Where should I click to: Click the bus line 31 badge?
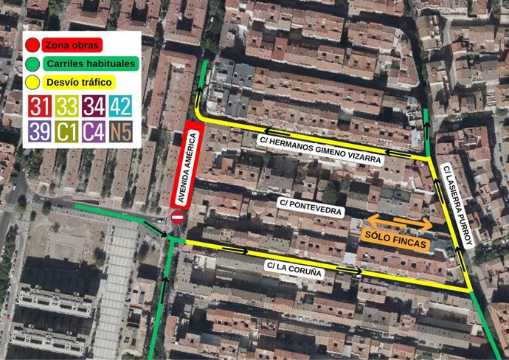tap(38, 106)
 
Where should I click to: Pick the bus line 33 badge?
tap(66, 106)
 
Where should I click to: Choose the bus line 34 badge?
tap(94, 106)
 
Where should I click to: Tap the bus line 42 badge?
tap(121, 106)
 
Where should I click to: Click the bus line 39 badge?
tap(38, 132)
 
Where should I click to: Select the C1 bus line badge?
tap(66, 132)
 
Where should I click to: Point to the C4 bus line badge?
tap(94, 132)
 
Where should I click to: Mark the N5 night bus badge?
tap(121, 132)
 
